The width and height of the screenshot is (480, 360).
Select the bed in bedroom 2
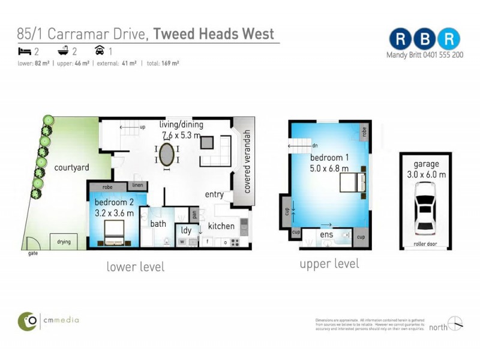115,233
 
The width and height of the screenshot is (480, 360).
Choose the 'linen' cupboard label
137,185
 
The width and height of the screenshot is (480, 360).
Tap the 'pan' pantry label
194,213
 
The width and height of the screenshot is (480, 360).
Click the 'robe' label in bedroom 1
364,130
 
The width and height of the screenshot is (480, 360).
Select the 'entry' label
214,194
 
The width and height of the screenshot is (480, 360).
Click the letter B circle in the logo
425,38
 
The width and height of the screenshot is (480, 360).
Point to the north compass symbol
455,323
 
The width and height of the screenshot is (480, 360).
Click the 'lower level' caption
136,266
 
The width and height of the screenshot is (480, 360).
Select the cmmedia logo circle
26,320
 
